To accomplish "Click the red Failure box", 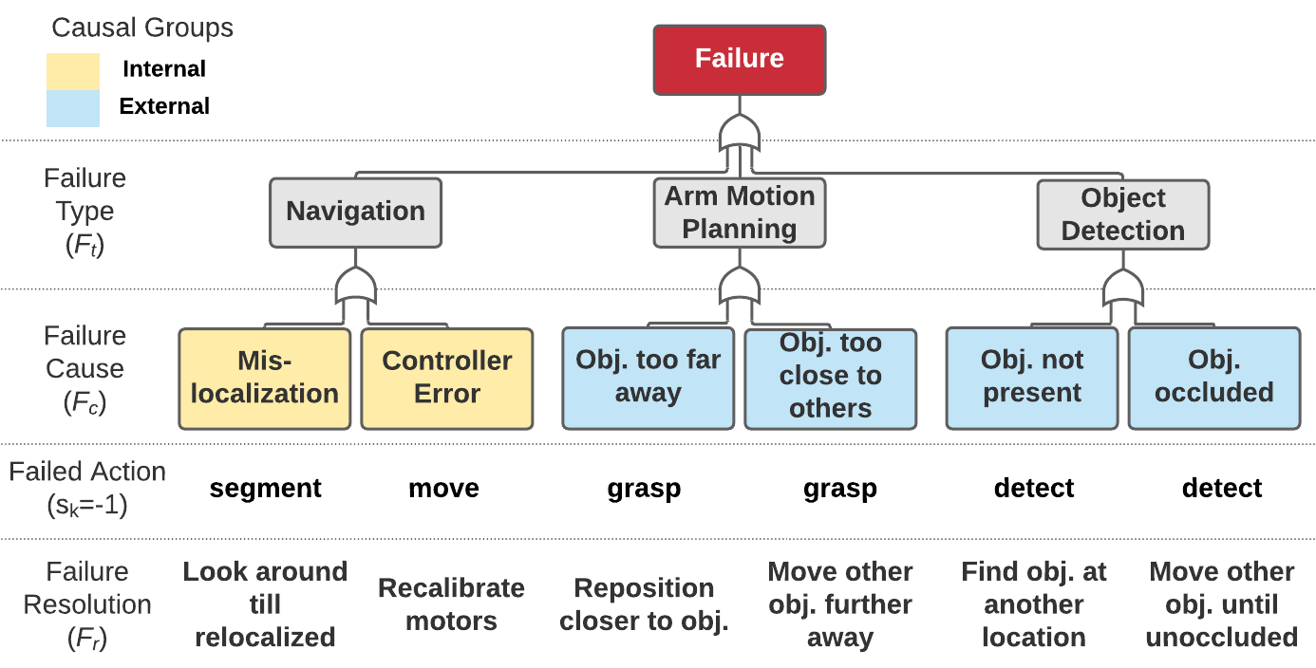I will [x=739, y=59].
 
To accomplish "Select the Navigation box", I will [x=355, y=212].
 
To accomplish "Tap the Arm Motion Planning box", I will [x=740, y=213].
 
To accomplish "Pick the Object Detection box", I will [x=1122, y=214].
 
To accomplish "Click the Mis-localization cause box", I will [x=264, y=378].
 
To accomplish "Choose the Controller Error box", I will [x=446, y=378].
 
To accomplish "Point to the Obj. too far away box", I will [x=648, y=377].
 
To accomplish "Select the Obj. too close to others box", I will [x=830, y=378].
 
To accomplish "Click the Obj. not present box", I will [x=1031, y=377].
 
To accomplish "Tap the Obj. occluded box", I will [x=1213, y=377].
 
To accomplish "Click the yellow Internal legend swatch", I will [x=73, y=70].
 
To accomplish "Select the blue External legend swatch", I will [x=73, y=108].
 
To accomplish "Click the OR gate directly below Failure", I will [x=739, y=136].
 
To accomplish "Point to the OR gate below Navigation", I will [x=355, y=286].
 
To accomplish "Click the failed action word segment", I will [x=265, y=489].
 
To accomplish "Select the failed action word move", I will [x=443, y=489].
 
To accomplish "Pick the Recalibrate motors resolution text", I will [x=451, y=604].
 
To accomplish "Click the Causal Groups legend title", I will [x=142, y=28].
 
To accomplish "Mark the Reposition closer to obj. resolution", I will [x=644, y=604].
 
